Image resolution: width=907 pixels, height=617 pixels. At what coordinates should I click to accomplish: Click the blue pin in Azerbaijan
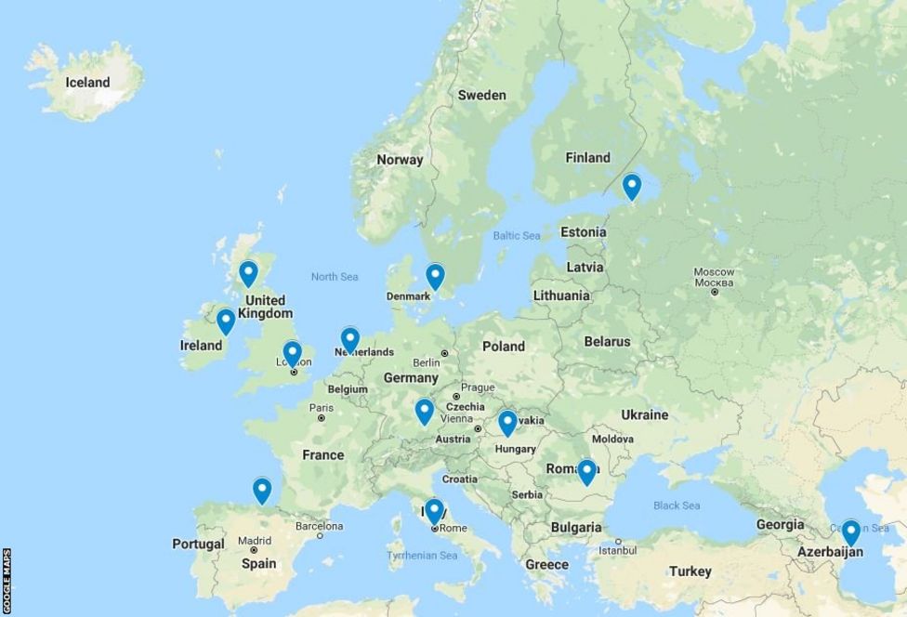pos(850,532)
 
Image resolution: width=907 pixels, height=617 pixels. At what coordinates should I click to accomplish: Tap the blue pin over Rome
pos(434,510)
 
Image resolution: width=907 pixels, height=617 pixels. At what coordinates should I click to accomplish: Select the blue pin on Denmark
pos(435,275)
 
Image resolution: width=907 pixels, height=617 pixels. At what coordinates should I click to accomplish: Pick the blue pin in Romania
pos(586,471)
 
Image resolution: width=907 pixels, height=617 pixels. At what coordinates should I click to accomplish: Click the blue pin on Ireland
pos(226,321)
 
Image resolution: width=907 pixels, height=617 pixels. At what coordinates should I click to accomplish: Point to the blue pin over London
pos(293,353)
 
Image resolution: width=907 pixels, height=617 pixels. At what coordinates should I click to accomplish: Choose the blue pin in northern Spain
pos(262,489)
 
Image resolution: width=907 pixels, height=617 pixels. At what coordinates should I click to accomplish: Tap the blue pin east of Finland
pos(632,186)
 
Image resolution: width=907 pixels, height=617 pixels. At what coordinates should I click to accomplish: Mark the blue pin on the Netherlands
pos(350,339)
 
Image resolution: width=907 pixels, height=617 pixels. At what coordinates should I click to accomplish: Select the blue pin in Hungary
pos(507,422)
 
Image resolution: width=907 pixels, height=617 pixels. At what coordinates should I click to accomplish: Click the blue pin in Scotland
pos(248,272)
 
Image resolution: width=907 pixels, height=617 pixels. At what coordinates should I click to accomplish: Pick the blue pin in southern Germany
pos(425,410)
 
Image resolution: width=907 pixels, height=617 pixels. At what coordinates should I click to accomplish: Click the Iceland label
pos(87,83)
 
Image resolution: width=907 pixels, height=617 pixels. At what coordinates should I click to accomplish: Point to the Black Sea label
pos(676,505)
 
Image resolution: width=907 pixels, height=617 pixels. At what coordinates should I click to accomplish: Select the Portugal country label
pos(198,545)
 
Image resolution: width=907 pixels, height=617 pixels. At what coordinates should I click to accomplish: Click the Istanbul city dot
pos(619,540)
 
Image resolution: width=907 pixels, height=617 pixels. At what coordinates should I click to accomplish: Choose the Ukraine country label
pos(644,414)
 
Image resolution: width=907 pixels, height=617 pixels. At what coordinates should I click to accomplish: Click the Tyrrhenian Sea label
pos(422,556)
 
